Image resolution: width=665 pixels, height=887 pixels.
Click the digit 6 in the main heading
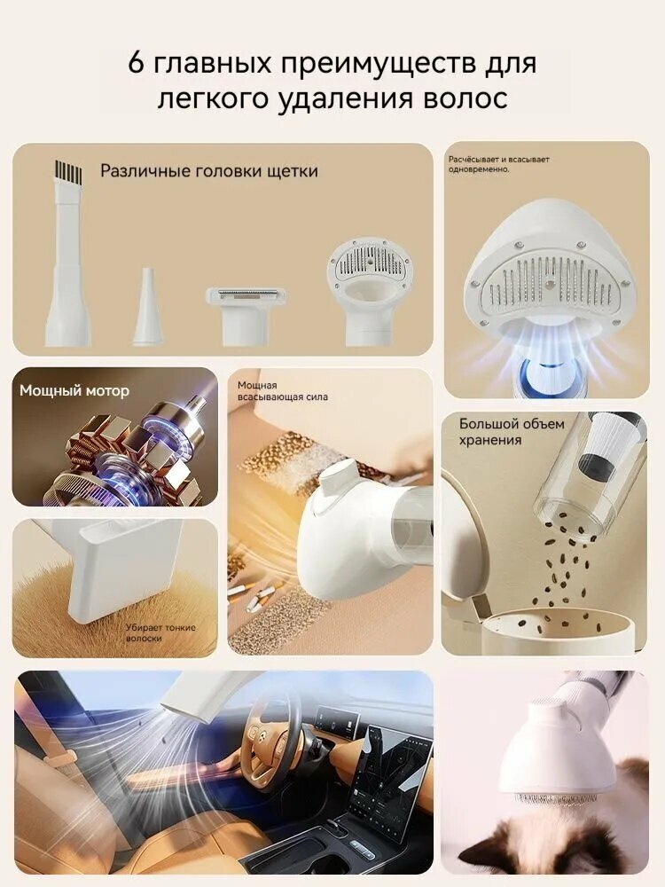(137, 62)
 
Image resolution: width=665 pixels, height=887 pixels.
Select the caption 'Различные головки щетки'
(209, 171)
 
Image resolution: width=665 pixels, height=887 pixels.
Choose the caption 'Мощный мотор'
(74, 391)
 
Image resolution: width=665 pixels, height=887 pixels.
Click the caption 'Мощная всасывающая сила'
(283, 391)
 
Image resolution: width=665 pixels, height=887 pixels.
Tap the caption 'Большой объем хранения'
(512, 432)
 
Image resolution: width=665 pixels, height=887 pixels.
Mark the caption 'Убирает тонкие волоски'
(160, 633)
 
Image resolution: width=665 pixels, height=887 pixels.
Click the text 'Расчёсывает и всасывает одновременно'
(498, 164)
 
